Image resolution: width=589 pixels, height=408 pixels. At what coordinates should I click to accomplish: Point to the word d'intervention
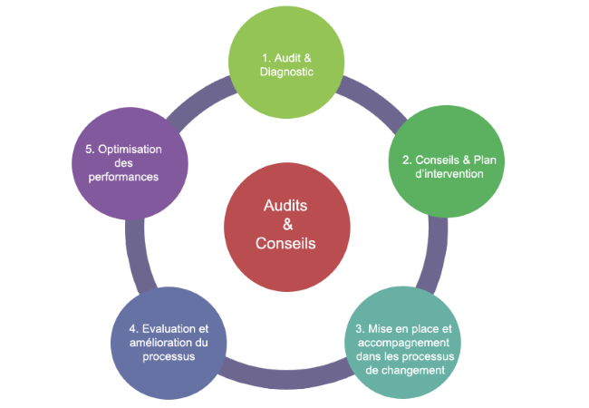[x=442, y=173]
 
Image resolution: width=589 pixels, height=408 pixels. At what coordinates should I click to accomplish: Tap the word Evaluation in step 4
[x=175, y=328]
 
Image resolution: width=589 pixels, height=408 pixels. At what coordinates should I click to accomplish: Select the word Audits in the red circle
[x=285, y=206]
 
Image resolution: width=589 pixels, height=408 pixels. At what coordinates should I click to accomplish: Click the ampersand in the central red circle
[x=285, y=224]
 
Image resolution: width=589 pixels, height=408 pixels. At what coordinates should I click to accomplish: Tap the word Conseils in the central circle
[x=285, y=243]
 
